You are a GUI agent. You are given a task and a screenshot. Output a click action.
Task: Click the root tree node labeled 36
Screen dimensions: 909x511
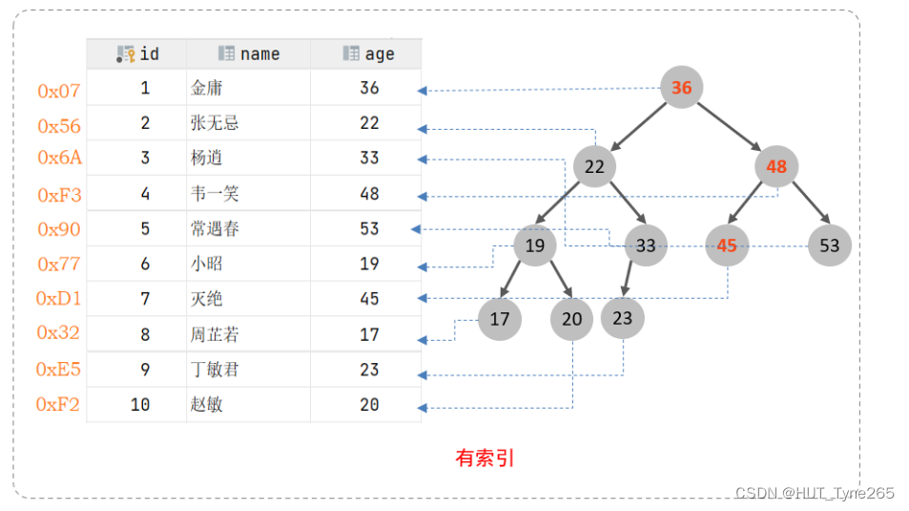(681, 88)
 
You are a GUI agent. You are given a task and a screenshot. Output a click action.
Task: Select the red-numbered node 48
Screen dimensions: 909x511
(776, 167)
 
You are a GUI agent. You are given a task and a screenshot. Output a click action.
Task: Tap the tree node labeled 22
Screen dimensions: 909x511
(594, 167)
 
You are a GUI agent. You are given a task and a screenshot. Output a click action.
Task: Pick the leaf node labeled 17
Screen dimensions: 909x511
(500, 319)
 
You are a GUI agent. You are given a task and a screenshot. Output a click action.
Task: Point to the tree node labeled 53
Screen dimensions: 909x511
(829, 245)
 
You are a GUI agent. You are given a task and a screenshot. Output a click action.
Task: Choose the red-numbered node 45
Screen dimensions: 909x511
(727, 245)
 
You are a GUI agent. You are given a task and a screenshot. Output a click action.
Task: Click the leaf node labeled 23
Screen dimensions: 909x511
(623, 318)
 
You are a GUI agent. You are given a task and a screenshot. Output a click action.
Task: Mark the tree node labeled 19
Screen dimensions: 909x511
(535, 245)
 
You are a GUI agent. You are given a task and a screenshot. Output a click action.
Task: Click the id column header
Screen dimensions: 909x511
(138, 53)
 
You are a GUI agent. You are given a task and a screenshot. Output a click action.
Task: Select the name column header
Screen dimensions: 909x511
(249, 53)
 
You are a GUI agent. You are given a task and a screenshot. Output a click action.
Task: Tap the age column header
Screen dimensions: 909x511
(368, 53)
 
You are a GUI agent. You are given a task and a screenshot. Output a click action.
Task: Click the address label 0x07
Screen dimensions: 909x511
(59, 92)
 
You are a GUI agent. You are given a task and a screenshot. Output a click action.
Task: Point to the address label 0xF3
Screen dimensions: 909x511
(59, 195)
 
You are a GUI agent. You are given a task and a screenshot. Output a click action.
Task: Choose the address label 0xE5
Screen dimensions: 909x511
(59, 370)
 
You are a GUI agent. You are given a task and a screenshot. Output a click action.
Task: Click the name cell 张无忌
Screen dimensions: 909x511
(215, 123)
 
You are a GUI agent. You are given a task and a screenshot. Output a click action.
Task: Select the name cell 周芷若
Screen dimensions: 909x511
(215, 334)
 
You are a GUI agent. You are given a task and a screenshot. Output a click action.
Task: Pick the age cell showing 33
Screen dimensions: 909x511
(369, 158)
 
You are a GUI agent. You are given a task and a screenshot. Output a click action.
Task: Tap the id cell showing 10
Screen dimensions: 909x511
(140, 405)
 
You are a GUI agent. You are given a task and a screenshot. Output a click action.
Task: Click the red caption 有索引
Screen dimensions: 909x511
(485, 458)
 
